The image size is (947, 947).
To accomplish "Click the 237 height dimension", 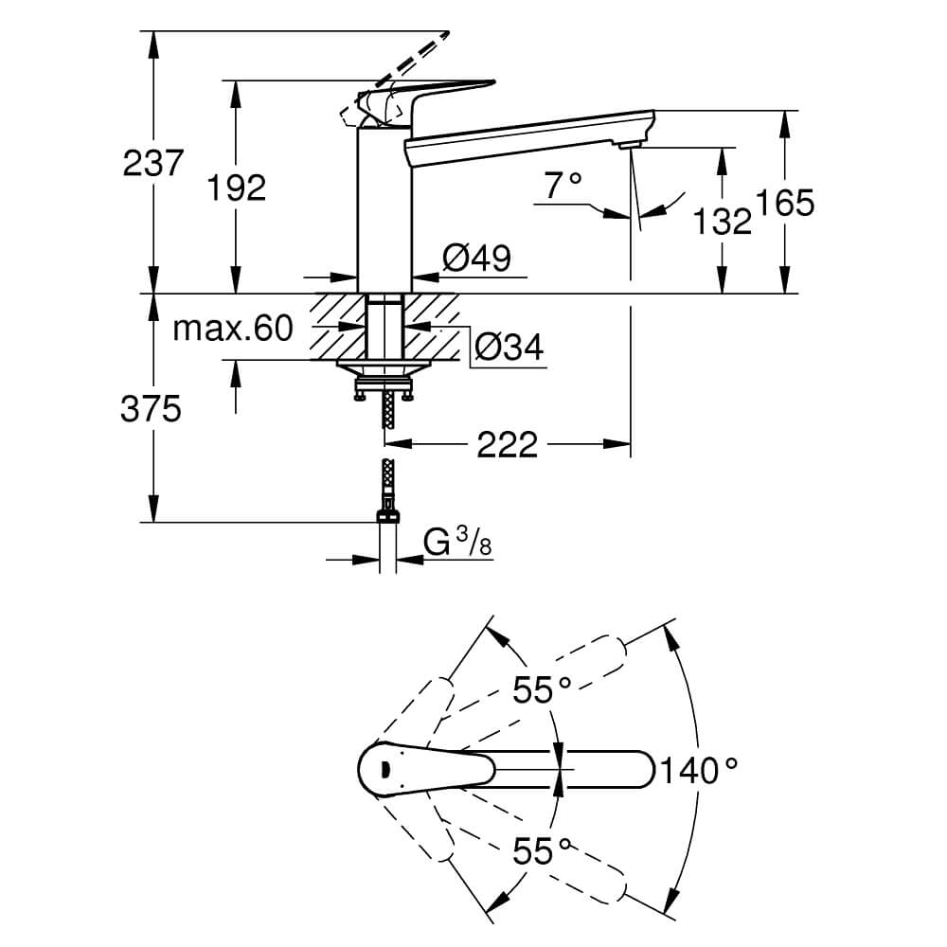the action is click(152, 163).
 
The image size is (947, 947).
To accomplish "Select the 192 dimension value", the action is click(236, 188).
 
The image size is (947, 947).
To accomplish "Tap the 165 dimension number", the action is click(784, 203).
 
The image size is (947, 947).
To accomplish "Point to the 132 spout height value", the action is click(722, 221).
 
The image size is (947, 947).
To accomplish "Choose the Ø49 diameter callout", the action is click(477, 259).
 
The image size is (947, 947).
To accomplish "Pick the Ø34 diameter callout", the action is click(509, 347).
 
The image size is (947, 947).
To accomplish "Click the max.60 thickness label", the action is click(233, 329).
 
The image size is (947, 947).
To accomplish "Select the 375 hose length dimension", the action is click(151, 408).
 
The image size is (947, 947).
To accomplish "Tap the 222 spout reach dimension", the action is click(508, 445).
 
